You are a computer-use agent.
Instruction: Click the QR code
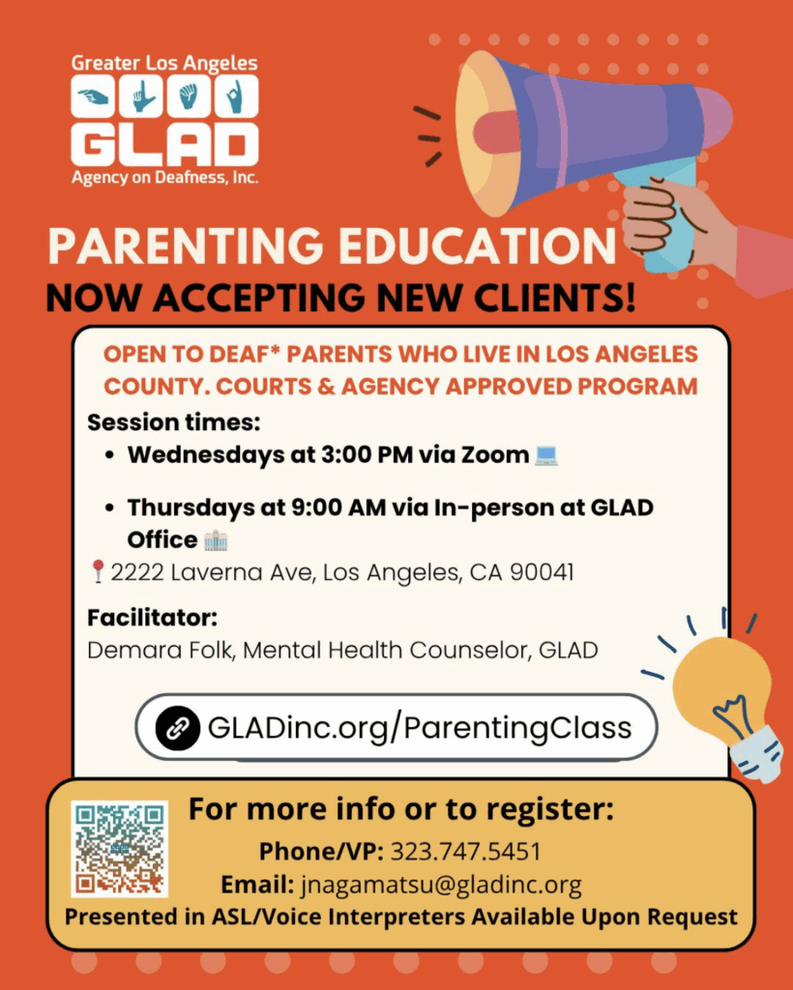click(119, 849)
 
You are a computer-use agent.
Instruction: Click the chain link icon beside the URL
click(178, 728)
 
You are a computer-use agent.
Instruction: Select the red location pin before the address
click(98, 571)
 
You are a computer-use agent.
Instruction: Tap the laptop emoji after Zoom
click(545, 455)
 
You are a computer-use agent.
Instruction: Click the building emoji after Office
click(216, 540)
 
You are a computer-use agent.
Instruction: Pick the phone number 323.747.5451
click(466, 852)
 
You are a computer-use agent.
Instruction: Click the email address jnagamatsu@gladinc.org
click(441, 885)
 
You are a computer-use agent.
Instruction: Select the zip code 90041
click(542, 572)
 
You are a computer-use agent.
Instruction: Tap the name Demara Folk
click(161, 650)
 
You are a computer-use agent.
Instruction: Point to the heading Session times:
click(174, 422)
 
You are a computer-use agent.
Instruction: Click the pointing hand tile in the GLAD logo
click(93, 97)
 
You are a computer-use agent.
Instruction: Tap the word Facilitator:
click(152, 618)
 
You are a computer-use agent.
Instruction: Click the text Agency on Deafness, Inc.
click(164, 178)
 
